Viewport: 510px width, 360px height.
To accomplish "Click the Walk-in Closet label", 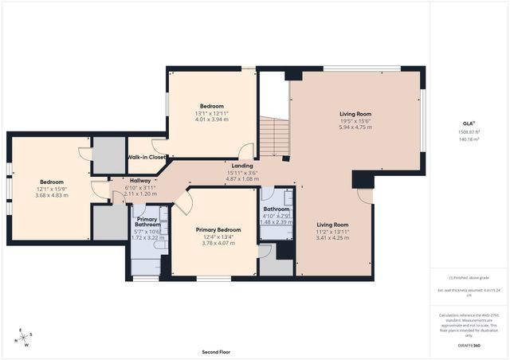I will pos(147,158).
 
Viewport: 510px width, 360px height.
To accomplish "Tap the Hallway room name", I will pos(140,181).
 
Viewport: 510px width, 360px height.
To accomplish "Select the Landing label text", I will pos(242,166).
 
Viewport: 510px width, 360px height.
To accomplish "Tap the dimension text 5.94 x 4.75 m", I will pos(355,127).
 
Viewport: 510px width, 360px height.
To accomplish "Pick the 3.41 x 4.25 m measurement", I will pos(332,237).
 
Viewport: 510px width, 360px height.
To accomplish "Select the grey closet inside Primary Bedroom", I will pos(274,263).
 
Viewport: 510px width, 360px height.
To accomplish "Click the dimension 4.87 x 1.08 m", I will pos(242,179).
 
